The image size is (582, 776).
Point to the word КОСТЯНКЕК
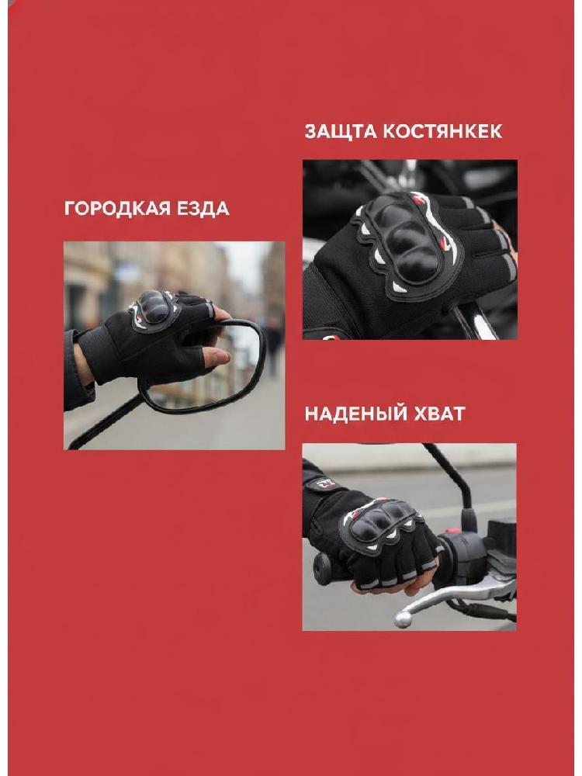coord(443,131)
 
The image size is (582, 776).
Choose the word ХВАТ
coord(439,414)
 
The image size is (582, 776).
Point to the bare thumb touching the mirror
coord(217,356)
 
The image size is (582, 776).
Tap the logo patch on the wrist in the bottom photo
coord(326,483)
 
